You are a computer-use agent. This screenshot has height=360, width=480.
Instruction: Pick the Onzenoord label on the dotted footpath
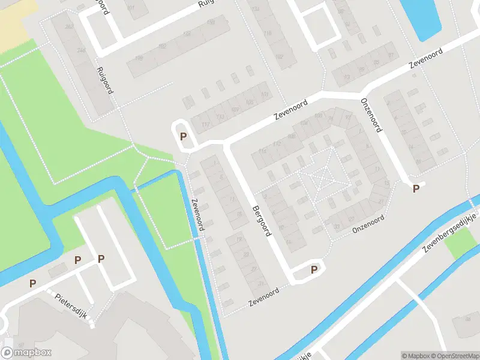click(367, 223)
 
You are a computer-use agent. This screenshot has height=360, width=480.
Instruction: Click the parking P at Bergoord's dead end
click(314, 270)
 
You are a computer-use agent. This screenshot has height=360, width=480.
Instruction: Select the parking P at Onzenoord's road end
click(415, 188)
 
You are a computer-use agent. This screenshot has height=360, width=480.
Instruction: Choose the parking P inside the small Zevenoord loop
click(183, 136)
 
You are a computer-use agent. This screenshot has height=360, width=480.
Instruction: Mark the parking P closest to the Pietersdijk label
click(77, 260)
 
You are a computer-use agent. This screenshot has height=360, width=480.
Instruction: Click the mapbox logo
click(26, 353)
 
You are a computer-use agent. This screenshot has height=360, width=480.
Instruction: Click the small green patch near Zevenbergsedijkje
click(461, 244)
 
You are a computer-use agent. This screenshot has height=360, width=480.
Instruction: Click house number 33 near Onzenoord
click(337, 226)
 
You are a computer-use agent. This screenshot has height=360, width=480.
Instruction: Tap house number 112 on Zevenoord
click(276, 144)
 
